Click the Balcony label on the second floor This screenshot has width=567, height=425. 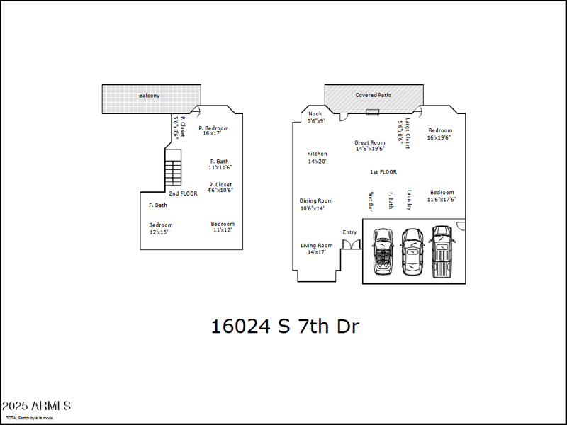coord(149,95)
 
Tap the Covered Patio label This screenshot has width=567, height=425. coord(373,94)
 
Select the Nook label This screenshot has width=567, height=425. coord(315,113)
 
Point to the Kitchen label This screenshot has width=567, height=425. coord(317,154)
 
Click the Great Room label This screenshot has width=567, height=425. coord(370,142)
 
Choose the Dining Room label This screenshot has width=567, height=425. coord(316,200)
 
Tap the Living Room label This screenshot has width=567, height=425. coord(316,246)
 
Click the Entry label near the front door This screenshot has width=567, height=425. coord(350,232)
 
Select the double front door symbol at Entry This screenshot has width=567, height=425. coord(351,244)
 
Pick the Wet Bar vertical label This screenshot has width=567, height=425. coord(370,201)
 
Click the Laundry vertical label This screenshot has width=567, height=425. coord(409,200)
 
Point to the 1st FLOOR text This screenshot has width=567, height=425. coord(383,172)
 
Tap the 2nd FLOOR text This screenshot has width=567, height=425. coord(183,193)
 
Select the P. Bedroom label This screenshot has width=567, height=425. coord(213,128)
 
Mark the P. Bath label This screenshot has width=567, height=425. coord(219,161)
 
